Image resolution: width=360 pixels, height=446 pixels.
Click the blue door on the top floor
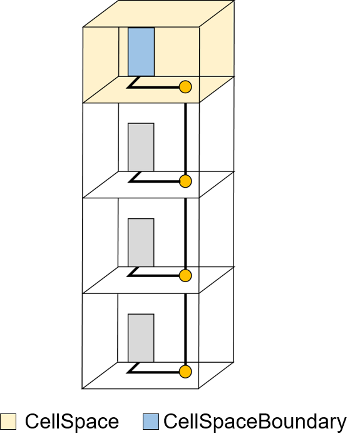tap(141, 52)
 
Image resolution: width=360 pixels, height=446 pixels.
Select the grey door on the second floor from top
tap(141, 147)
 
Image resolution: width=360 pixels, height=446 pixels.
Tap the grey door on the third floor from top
tap(141, 243)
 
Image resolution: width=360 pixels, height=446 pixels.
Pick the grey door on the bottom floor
tap(141, 338)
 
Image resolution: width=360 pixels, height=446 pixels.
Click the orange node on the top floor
tap(185, 87)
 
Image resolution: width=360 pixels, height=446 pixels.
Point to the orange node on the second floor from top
tap(185, 181)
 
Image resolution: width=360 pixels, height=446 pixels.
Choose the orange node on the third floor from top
tap(185, 276)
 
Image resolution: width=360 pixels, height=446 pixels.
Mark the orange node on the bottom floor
tap(185, 372)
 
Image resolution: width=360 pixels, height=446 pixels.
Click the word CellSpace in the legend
tap(72, 421)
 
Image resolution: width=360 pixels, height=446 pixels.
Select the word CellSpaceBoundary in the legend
tap(255, 422)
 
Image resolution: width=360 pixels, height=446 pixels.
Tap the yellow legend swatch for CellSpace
tap(8, 422)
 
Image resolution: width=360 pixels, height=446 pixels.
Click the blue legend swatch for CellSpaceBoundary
tap(151, 422)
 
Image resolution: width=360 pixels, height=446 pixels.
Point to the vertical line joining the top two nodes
tap(185, 134)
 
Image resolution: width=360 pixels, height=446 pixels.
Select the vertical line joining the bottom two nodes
tap(185, 323)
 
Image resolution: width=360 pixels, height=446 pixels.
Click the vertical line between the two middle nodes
tap(185, 228)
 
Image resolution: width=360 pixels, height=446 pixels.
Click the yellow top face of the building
tap(158, 14)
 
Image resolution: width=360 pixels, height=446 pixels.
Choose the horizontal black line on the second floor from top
tap(155, 181)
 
